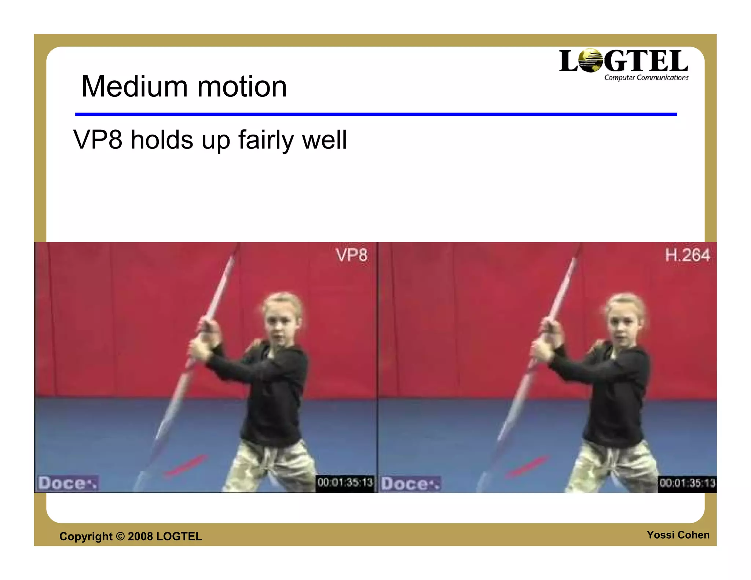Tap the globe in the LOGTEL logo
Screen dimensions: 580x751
click(590, 61)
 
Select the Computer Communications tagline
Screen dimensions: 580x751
click(646, 78)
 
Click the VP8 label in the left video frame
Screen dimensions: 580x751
click(351, 255)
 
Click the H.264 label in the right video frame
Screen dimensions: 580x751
click(688, 255)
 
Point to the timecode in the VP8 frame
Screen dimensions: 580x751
click(345, 482)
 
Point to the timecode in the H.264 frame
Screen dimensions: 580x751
click(687, 483)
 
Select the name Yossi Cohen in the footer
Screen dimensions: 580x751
click(678, 535)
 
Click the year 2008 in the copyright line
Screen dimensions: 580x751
click(140, 536)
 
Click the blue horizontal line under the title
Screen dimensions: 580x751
click(376, 114)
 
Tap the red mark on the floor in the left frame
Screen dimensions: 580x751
click(186, 466)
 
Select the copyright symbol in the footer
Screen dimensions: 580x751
click(120, 536)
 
